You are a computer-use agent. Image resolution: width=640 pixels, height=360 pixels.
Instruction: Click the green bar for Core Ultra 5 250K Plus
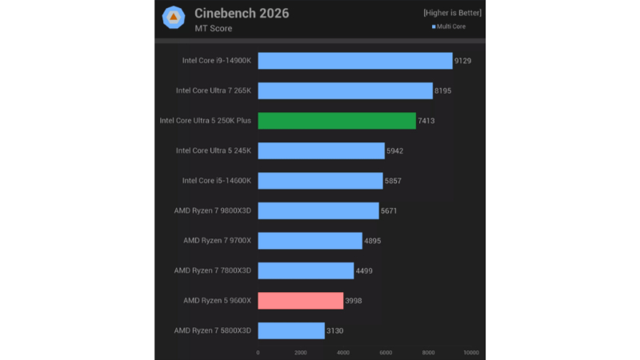[x=337, y=121]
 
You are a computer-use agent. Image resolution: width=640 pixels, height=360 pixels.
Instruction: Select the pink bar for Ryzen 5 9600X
[x=300, y=301]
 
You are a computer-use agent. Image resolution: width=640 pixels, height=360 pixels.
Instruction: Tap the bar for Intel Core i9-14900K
[x=355, y=61]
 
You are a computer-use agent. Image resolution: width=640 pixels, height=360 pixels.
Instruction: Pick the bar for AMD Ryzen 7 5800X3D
[x=291, y=330]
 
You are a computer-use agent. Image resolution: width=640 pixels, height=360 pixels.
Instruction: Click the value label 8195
[x=443, y=91]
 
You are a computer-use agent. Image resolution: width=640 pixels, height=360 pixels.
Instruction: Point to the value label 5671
[x=389, y=211]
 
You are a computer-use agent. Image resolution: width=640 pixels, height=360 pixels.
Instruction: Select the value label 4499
[x=364, y=271]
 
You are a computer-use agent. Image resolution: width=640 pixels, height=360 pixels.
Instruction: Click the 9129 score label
[x=464, y=61]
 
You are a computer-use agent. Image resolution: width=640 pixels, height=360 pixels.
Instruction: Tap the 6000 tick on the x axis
[x=386, y=353]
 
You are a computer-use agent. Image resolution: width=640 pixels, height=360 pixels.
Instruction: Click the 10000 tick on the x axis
[x=470, y=353]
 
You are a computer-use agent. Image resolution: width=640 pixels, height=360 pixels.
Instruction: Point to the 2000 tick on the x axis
[x=301, y=353]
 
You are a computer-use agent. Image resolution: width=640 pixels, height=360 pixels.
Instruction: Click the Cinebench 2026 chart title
[x=242, y=13]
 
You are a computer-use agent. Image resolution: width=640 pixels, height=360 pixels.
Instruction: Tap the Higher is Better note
[x=453, y=13]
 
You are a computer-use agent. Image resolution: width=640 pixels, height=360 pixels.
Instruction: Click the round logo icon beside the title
[x=174, y=18]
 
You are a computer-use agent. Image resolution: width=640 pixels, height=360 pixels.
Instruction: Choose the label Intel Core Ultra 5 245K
[x=213, y=151]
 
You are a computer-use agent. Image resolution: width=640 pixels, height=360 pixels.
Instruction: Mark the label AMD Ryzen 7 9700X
[x=212, y=241]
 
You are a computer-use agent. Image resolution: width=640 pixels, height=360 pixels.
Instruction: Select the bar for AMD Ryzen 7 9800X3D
[x=318, y=211]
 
